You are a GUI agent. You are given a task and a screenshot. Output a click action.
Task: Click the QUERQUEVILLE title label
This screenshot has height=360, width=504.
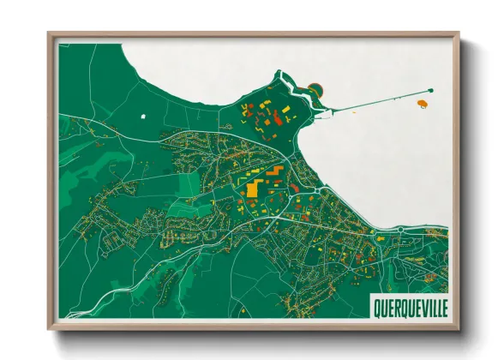click(409, 306)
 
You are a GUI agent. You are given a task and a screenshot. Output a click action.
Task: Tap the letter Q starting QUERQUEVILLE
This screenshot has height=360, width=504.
click(377, 306)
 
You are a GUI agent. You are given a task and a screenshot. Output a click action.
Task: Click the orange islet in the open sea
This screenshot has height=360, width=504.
click(422, 105)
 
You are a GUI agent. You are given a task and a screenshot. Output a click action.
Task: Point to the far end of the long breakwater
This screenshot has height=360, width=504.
click(431, 90)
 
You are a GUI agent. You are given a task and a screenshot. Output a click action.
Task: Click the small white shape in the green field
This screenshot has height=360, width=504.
click(143, 115)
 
